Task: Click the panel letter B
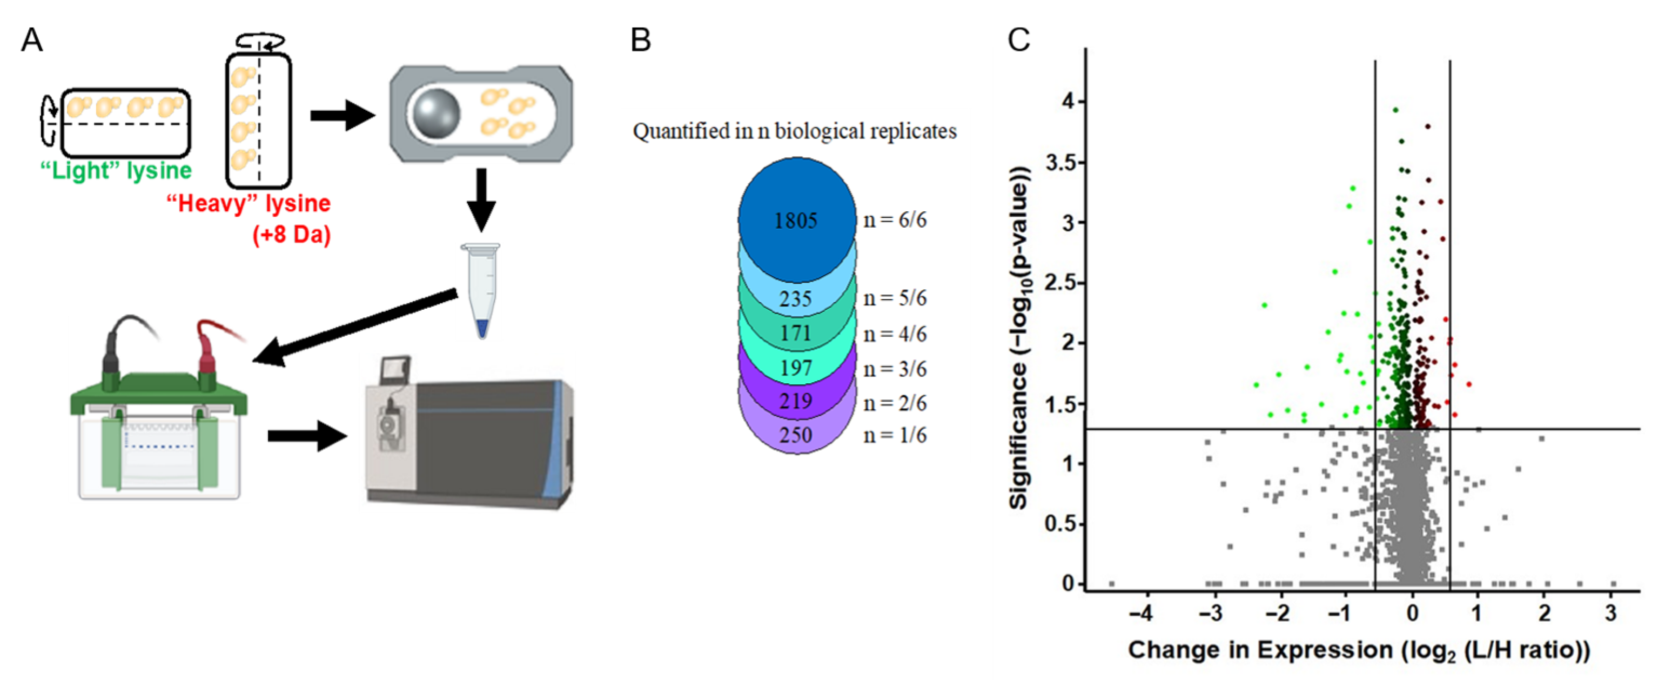640,41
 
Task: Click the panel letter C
1018,41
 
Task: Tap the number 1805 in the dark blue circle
796,221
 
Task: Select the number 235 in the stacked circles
796,299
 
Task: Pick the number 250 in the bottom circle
796,435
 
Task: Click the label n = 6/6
895,221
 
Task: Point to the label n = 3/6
895,369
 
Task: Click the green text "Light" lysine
116,171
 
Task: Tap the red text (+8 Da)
292,235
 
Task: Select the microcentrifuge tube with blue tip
481,290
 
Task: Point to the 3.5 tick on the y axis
1060,162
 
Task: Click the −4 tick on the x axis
1141,612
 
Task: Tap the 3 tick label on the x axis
1610,612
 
